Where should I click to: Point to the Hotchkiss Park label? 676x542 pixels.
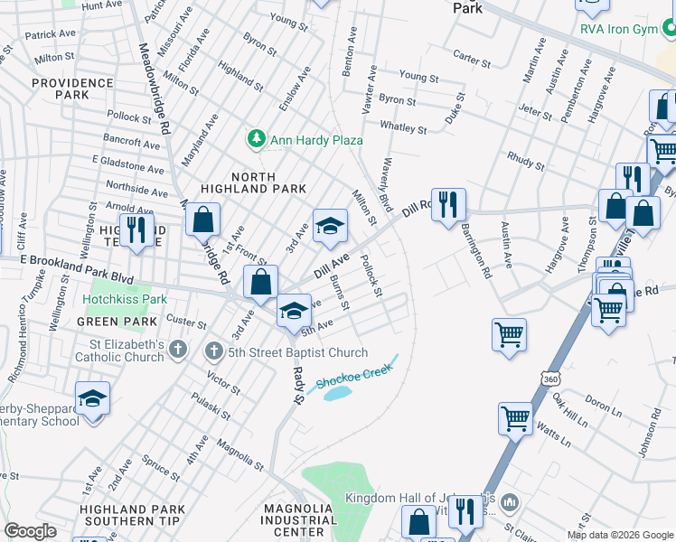[x=126, y=298]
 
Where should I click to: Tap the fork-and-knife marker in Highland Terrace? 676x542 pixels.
[x=136, y=229]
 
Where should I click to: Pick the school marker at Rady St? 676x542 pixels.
[x=294, y=312]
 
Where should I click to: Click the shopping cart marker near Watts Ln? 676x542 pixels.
[x=515, y=418]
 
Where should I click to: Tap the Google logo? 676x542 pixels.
[x=31, y=531]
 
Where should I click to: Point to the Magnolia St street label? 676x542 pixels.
[x=239, y=455]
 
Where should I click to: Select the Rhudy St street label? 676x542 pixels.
[x=523, y=159]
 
